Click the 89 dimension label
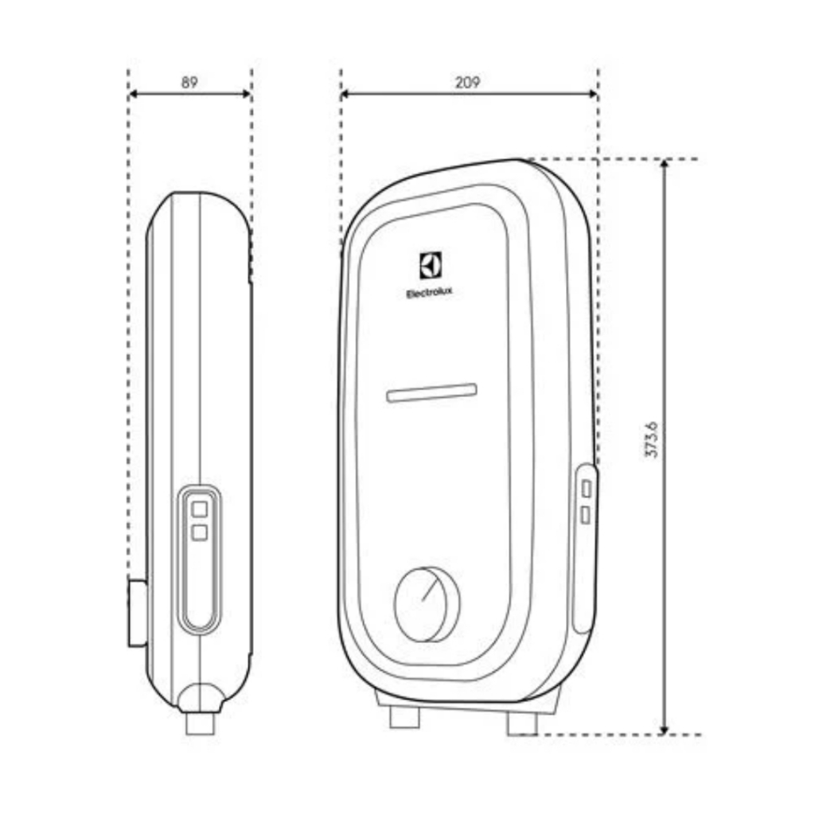(189, 82)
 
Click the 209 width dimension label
(468, 82)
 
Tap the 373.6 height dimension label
(651, 439)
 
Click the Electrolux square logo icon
(431, 266)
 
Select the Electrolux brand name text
(429, 294)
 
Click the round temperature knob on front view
(427, 604)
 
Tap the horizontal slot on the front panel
(432, 393)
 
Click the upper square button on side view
(200, 509)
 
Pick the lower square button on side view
(200, 532)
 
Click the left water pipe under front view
(405, 717)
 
